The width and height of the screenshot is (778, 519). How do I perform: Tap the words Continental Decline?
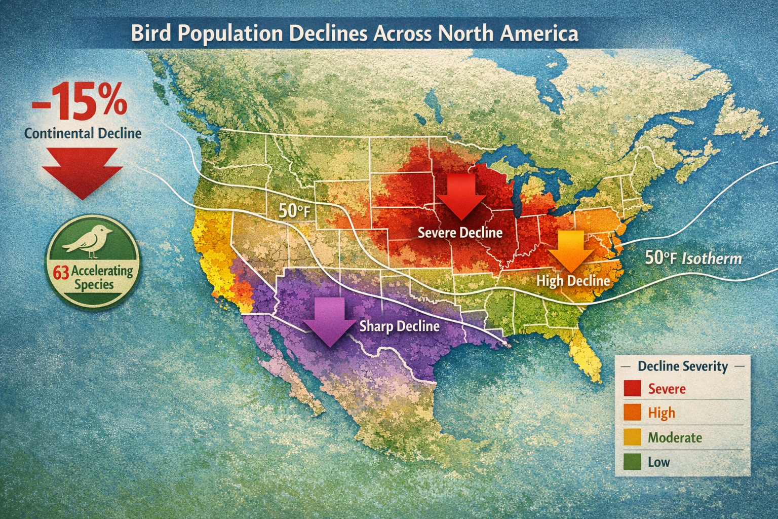pyautogui.click(x=83, y=133)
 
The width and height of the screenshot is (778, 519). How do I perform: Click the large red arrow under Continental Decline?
pyautogui.click(x=82, y=173)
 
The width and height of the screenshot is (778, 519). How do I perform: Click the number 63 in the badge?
pyautogui.click(x=60, y=273)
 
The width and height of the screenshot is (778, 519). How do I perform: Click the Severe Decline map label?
pyautogui.click(x=460, y=233)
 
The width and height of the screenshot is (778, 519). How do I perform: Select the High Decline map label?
pyautogui.click(x=573, y=280)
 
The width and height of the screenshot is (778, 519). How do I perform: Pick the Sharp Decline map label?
pyautogui.click(x=399, y=326)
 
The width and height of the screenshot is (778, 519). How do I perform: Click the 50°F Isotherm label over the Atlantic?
pyautogui.click(x=693, y=258)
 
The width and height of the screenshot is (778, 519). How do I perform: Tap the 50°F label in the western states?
pyautogui.click(x=294, y=210)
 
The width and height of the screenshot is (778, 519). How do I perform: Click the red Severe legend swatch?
pyautogui.click(x=633, y=389)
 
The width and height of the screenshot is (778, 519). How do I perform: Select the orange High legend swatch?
pyautogui.click(x=633, y=413)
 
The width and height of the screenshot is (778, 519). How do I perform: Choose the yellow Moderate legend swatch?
pyautogui.click(x=633, y=437)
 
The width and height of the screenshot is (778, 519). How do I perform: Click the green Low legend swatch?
pyautogui.click(x=633, y=462)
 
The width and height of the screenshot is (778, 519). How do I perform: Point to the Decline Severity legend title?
pyautogui.click(x=682, y=366)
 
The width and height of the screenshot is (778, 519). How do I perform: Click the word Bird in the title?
pyautogui.click(x=148, y=33)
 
